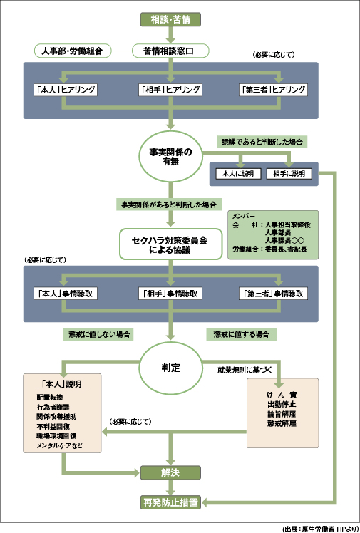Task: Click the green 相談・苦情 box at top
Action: point(171,19)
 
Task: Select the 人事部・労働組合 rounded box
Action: point(72,51)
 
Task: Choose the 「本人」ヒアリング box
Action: point(66,90)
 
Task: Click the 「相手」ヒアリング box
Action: point(170,90)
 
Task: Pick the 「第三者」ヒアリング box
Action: point(274,90)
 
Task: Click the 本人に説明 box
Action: point(238,173)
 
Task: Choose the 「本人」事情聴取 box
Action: point(66,294)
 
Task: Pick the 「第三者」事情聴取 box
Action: point(274,294)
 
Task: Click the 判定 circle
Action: point(170,368)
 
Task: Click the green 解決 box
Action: point(170,472)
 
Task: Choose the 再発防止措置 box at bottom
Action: point(170,503)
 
